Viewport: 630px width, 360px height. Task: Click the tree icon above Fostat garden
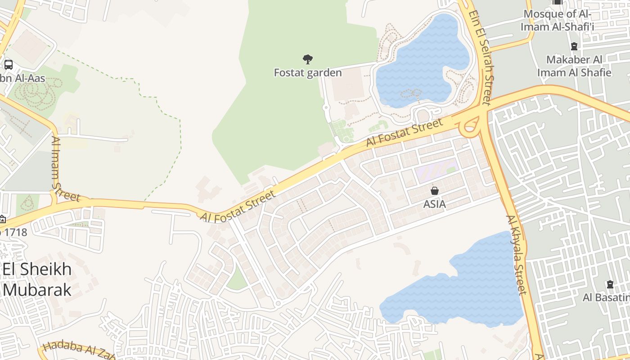pyautogui.click(x=308, y=59)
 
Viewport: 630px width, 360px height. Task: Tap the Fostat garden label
pyautogui.click(x=308, y=72)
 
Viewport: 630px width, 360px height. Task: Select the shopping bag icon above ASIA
pyautogui.click(x=434, y=191)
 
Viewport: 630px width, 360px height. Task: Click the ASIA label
pyautogui.click(x=434, y=204)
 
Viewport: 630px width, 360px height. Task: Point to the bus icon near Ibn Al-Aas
pyautogui.click(x=8, y=64)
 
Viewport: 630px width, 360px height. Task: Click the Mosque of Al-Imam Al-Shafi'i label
pyautogui.click(x=558, y=20)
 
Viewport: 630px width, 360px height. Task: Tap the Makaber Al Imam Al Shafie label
pyautogui.click(x=574, y=66)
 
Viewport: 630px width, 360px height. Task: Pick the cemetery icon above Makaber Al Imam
pyautogui.click(x=574, y=46)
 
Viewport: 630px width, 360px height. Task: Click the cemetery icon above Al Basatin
pyautogui.click(x=610, y=284)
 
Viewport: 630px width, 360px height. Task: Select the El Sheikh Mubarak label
pyautogui.click(x=37, y=279)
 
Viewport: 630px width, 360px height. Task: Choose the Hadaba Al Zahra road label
pyautogui.click(x=79, y=351)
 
